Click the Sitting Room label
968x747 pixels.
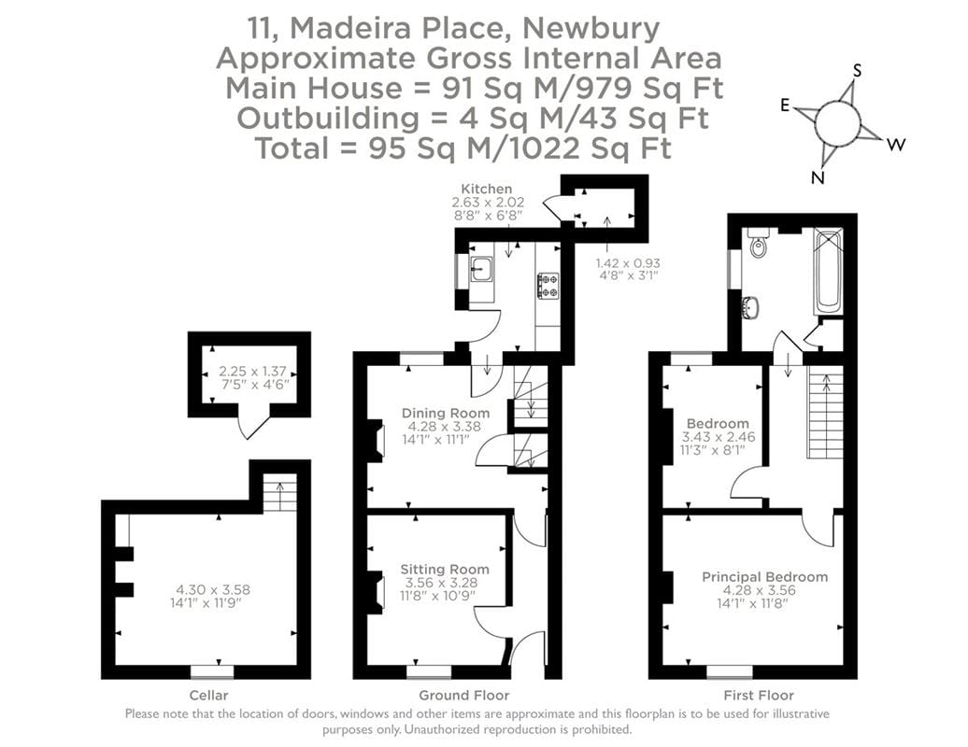tap(445, 569)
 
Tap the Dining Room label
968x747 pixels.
tap(445, 413)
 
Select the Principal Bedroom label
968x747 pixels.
tap(764, 577)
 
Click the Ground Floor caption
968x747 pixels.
tap(463, 696)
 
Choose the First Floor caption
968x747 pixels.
tap(759, 696)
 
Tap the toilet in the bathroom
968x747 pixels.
tap(758, 244)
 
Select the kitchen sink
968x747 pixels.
tap(482, 270)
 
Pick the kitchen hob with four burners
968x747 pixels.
tap(548, 285)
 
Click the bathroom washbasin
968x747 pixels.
tap(749, 307)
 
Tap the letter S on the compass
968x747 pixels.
tap(859, 71)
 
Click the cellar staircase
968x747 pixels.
tap(279, 494)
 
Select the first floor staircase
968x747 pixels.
tap(825, 416)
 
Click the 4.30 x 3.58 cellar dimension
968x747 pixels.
tap(213, 589)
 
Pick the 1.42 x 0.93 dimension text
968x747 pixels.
tap(627, 262)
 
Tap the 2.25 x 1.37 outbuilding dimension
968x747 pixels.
tap(249, 372)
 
